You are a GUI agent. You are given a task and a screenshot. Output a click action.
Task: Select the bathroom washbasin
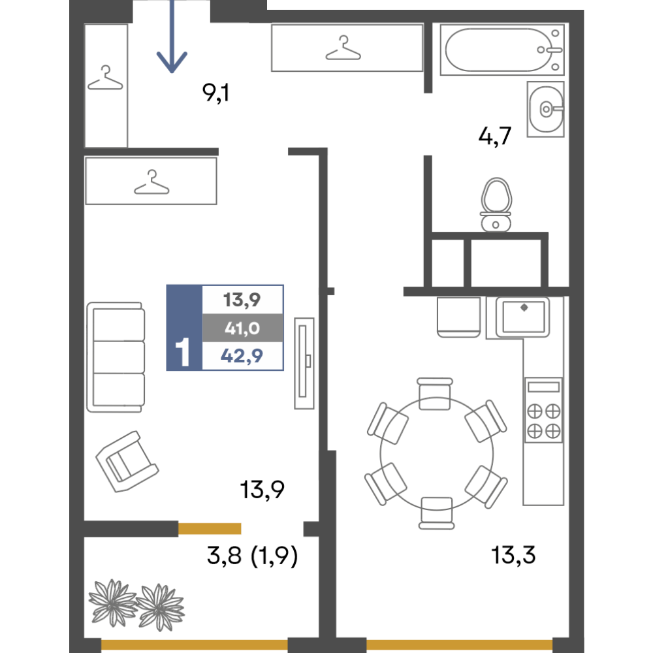click(x=545, y=110)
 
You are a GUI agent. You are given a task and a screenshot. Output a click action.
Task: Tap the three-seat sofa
click(x=116, y=357)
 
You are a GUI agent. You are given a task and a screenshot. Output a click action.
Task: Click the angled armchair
click(x=127, y=461)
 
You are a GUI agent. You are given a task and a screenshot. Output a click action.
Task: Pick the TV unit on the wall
click(x=304, y=363)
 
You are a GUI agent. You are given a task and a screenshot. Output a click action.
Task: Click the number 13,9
click(x=242, y=300)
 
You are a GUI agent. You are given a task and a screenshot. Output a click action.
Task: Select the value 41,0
click(x=242, y=328)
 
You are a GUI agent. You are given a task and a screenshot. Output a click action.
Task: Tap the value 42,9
click(x=242, y=357)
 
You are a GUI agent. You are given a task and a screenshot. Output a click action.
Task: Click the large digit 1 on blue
click(x=183, y=353)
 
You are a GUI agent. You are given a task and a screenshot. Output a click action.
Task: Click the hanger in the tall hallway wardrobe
click(x=106, y=80)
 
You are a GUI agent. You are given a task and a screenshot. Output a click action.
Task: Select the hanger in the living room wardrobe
click(x=151, y=183)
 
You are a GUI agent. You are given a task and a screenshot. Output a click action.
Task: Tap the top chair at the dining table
click(x=435, y=394)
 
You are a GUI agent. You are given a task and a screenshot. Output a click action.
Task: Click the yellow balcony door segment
click(x=210, y=529)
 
